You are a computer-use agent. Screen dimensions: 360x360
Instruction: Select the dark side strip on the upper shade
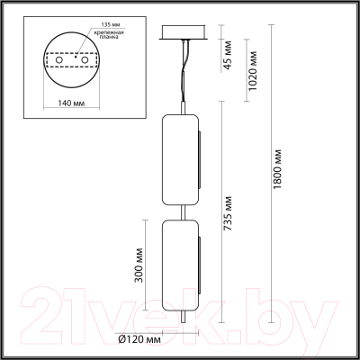(199, 163)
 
